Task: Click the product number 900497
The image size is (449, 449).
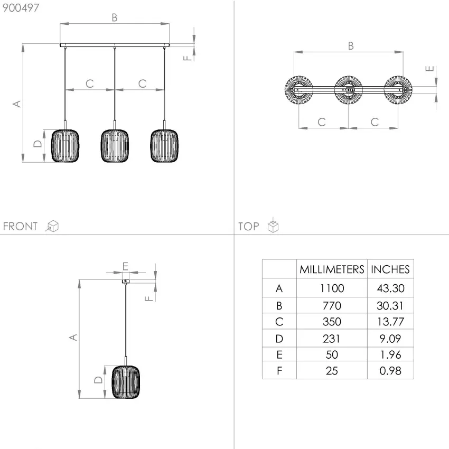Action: [x=21, y=8]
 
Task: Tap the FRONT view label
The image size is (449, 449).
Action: [x=20, y=226]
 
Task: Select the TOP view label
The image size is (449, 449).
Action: [x=249, y=227]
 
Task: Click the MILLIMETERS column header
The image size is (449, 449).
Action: [x=332, y=269]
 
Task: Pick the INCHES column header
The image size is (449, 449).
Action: [x=390, y=269]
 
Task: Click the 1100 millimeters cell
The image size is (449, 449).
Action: [x=332, y=288]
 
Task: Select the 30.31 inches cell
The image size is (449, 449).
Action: [x=390, y=305]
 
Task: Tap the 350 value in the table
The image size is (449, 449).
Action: [x=332, y=322]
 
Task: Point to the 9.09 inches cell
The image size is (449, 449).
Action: [x=390, y=339]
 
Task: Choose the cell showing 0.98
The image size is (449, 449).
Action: [x=390, y=370]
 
